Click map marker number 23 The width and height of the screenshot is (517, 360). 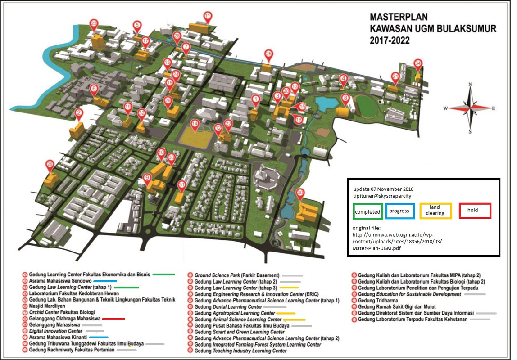click(x=94, y=24)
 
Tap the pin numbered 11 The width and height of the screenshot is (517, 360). click(x=207, y=16)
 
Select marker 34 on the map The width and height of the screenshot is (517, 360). click(x=418, y=63)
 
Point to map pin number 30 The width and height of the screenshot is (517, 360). click(x=300, y=193)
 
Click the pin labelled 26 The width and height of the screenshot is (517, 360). click(x=50, y=165)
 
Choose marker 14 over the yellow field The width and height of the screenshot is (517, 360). click(x=195, y=124)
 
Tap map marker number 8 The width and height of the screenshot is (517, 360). click(x=345, y=99)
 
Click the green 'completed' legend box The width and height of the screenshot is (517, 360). click(x=367, y=211)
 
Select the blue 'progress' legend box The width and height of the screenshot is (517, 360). click(x=399, y=211)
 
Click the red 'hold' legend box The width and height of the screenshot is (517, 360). click(x=475, y=211)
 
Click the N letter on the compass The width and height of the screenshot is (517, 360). click(x=470, y=85)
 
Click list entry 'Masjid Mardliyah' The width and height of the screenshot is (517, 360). click(x=47, y=305)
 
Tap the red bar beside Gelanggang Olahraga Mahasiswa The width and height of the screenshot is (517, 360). click(x=113, y=318)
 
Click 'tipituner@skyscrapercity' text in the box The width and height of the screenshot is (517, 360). click(x=383, y=196)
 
